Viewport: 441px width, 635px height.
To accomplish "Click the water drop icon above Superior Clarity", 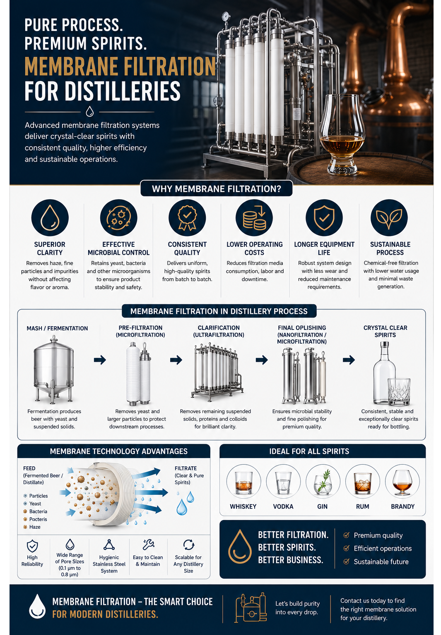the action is coord(50,218).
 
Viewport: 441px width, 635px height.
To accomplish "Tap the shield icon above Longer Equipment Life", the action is coord(324,218).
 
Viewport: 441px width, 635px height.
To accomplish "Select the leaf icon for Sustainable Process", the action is coord(389,218).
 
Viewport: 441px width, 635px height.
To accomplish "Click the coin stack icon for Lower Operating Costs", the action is coord(254,218).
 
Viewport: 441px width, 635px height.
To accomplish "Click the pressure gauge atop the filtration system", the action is coord(226,17).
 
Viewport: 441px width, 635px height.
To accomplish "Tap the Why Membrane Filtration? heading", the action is coord(217,189).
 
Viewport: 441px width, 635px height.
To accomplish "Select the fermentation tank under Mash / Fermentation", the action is coord(53,369).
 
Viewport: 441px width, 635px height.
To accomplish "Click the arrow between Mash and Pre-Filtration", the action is coord(100,360).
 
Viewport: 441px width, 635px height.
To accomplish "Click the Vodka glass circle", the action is coord(283,481).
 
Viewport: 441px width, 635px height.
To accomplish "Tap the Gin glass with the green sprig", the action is coord(323,481).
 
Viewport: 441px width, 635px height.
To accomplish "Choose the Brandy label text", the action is coord(402,506).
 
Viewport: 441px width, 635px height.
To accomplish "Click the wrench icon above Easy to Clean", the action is coord(148,544).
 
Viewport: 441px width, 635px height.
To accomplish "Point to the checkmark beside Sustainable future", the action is coord(346,561).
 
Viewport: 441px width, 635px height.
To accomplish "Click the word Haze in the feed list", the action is coord(35,527).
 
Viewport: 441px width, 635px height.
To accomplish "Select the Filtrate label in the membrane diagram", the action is coord(186,468).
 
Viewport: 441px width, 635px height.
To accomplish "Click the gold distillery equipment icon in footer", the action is coord(251,608).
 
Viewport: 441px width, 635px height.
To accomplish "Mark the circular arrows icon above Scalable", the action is coord(188,544).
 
